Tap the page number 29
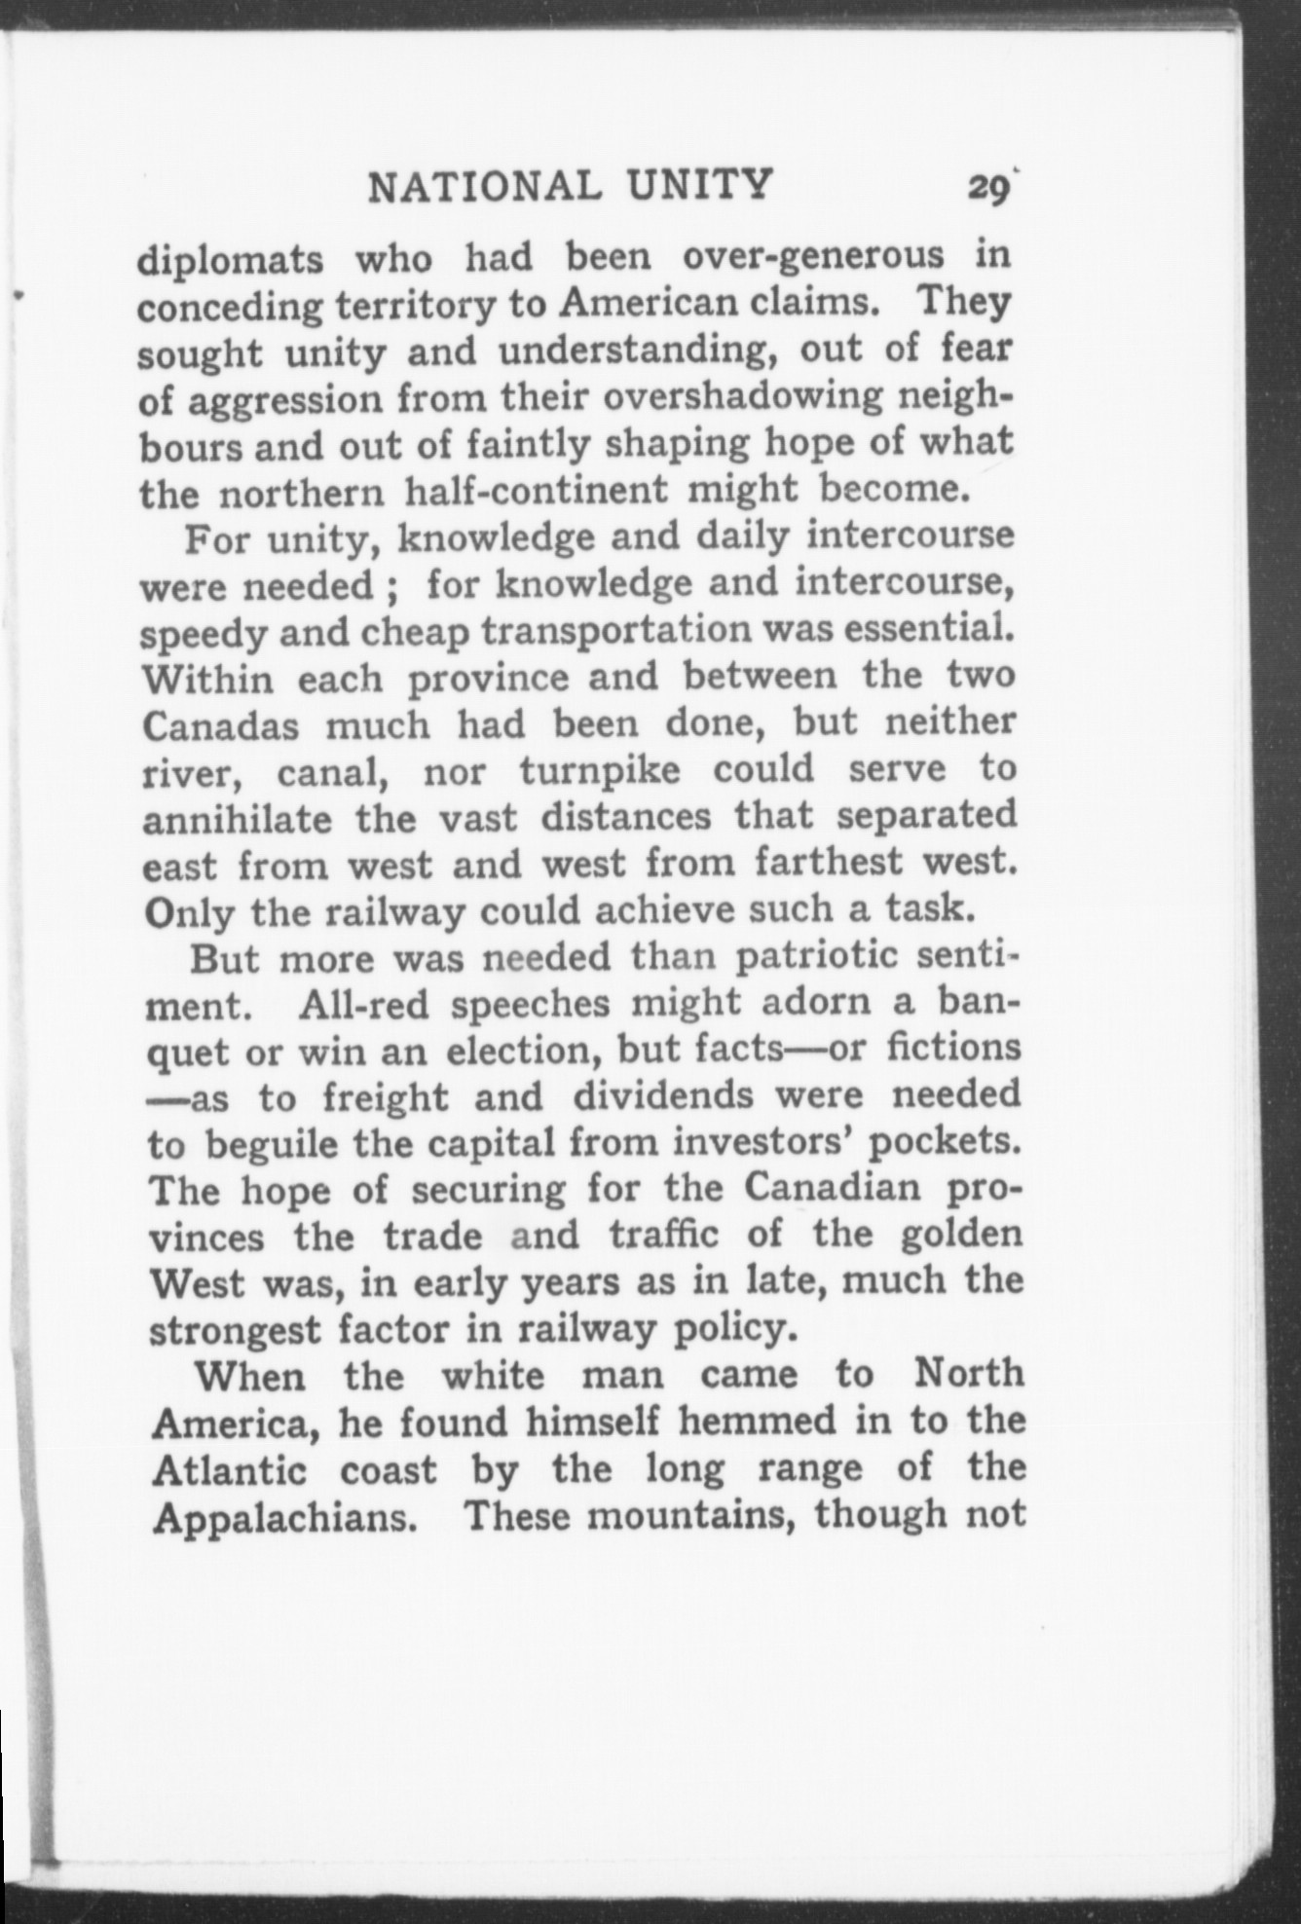[x=986, y=187]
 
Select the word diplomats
[x=231, y=260]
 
